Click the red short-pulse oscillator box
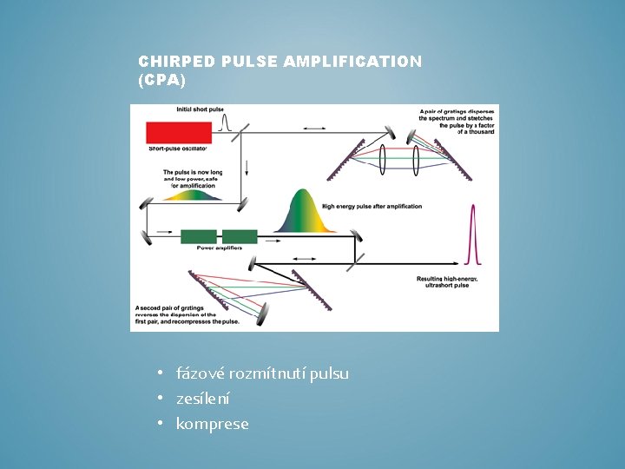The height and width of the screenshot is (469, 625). point(180,133)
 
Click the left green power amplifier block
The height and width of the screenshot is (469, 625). point(199,236)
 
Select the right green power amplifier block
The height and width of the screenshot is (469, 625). point(240,236)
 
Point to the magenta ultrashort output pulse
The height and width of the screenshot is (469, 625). point(473,234)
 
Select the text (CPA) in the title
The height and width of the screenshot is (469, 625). point(161,79)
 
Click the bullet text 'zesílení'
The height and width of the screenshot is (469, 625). point(203,399)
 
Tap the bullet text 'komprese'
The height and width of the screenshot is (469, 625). point(212,424)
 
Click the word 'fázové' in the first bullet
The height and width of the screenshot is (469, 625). point(200,373)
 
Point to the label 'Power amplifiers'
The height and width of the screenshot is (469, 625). point(219,248)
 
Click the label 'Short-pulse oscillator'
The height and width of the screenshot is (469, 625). point(178,149)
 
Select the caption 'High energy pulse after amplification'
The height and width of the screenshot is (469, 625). point(372,207)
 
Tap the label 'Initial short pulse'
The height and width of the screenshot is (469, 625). point(200,109)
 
